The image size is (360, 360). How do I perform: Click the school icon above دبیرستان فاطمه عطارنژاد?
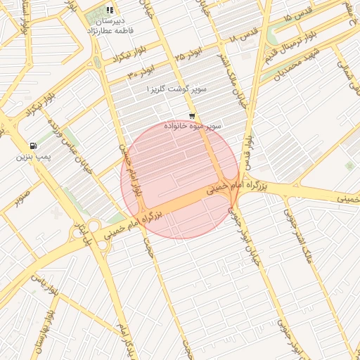click(109, 10)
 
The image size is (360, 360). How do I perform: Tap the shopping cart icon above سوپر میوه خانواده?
click(192, 116)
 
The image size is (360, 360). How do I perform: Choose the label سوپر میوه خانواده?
click(193, 126)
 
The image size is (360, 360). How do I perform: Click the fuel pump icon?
click(34, 146)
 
